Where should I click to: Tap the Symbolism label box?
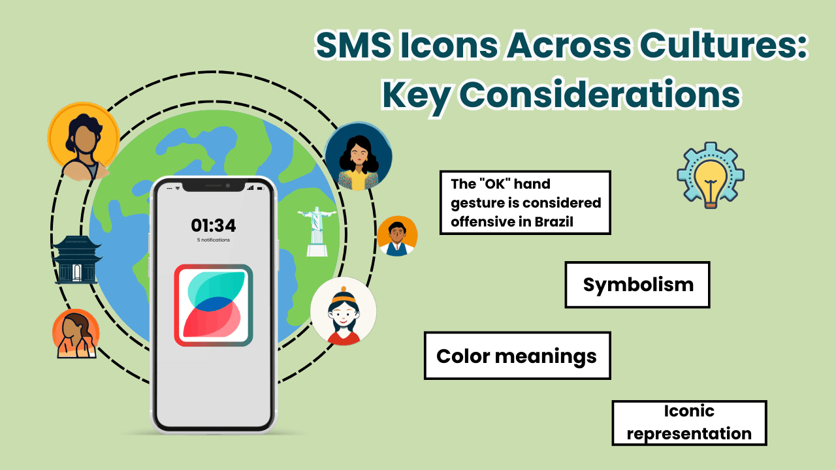(x=637, y=285)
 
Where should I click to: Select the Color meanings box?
(x=517, y=356)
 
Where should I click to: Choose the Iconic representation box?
(x=689, y=423)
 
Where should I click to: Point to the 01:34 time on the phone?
(x=213, y=226)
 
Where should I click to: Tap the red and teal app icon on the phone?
(x=214, y=305)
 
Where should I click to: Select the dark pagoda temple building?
(x=77, y=260)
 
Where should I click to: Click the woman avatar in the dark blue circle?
(x=358, y=157)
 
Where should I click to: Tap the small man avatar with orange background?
(x=397, y=236)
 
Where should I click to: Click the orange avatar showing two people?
(x=76, y=334)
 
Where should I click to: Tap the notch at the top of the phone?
(x=213, y=186)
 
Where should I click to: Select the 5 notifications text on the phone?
(x=213, y=240)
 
